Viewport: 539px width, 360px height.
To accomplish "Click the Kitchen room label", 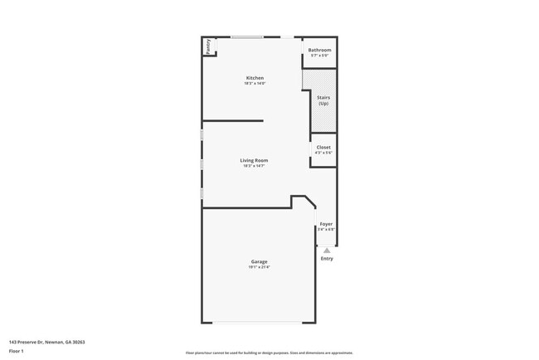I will pos(254,78).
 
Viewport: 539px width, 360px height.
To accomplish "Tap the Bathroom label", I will pos(320,50).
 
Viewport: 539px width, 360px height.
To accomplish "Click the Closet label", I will pos(323,147).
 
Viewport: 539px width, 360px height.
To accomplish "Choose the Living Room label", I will pos(254,160).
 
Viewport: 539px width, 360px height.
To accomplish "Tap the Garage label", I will pos(259,262).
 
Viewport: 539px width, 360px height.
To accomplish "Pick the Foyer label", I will pos(326,224).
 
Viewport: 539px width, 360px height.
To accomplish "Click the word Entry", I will pos(327,259).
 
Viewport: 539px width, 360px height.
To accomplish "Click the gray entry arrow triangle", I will pos(327,250).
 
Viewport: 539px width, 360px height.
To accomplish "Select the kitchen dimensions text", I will pos(254,84).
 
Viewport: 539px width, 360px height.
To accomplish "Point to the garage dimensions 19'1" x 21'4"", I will pos(259,267).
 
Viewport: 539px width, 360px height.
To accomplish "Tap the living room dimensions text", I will pos(254,166).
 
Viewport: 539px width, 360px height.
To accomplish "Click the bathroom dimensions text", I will pos(320,56).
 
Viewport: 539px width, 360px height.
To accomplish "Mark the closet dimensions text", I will pos(323,153).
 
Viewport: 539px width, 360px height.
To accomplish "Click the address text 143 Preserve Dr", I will pos(47,342).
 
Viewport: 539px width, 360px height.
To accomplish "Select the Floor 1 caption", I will pos(17,351).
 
